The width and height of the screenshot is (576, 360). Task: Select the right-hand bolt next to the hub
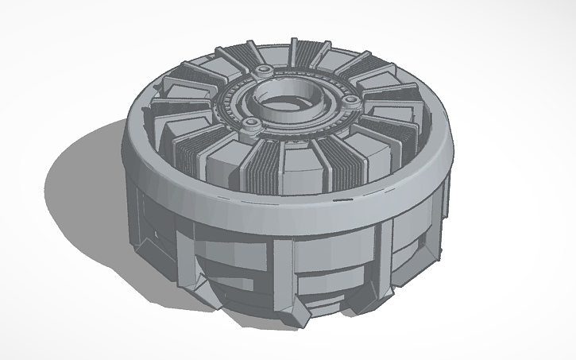[x=350, y=100]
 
